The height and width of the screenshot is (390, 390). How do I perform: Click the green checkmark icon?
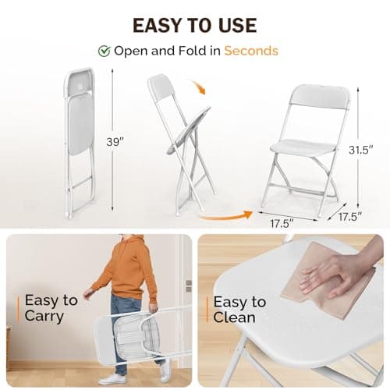coord(105,51)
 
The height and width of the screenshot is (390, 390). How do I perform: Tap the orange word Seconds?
coord(251,51)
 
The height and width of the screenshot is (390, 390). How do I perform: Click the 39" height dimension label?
coord(115,142)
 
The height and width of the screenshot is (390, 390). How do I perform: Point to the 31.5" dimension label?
coord(361,150)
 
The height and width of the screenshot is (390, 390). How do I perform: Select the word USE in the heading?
coord(237,25)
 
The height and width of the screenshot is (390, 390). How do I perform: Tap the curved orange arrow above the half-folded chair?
coord(200,87)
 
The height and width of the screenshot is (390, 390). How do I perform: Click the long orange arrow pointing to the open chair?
coord(225,216)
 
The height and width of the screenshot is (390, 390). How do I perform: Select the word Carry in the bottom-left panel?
coord(44,317)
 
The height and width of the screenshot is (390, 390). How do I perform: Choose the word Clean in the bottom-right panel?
coord(234,317)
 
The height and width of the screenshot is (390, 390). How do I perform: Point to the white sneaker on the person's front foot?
coord(111,380)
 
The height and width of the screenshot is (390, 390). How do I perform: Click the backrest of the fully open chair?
coord(319,96)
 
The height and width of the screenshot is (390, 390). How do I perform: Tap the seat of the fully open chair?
coord(303,147)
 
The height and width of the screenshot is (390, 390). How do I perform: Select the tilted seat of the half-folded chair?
coord(189,130)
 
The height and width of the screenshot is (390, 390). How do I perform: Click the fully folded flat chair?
coord(80,143)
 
